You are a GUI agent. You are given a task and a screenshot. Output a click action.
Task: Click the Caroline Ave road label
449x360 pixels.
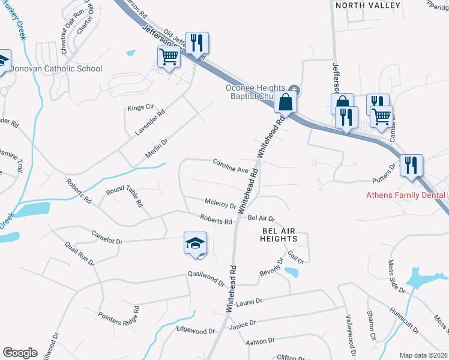(x=231, y=166)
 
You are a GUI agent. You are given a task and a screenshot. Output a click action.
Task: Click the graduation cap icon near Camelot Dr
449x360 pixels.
(x=194, y=244)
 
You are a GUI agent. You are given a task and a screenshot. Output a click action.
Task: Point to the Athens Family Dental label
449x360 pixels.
(x=406, y=195)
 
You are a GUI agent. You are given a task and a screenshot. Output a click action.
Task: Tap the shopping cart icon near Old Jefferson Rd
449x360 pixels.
(x=169, y=58)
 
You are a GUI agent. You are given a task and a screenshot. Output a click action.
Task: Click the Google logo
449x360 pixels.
(x=20, y=353)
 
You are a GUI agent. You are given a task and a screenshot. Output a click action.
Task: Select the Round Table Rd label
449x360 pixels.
(x=124, y=196)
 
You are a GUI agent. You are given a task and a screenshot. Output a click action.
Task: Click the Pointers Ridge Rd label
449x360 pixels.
(x=119, y=316)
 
